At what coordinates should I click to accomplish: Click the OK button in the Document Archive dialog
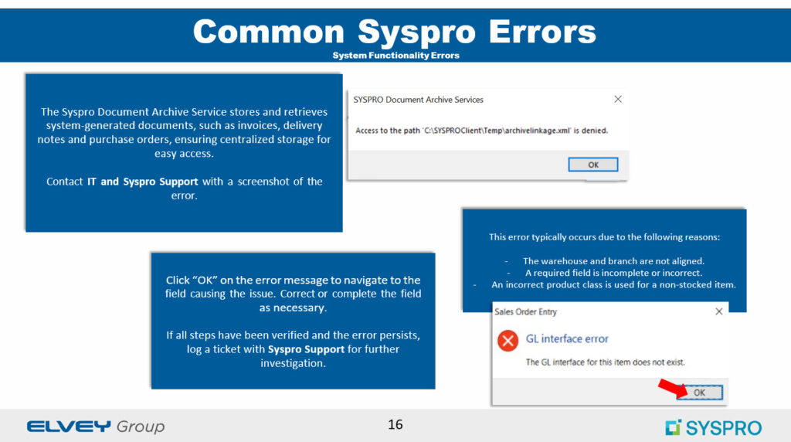pyautogui.click(x=592, y=165)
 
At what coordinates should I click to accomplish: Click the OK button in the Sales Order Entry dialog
pyautogui.click(x=699, y=392)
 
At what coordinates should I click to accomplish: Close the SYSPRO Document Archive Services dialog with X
pyautogui.click(x=618, y=100)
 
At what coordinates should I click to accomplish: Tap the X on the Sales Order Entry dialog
pyautogui.click(x=719, y=311)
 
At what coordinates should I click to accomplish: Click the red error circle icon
pyautogui.click(x=508, y=341)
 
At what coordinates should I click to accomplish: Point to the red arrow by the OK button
pyautogui.click(x=673, y=387)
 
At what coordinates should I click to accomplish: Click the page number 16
pyautogui.click(x=395, y=424)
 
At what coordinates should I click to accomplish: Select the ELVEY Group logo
pyautogui.click(x=96, y=427)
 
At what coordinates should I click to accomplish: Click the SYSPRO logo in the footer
pyautogui.click(x=713, y=427)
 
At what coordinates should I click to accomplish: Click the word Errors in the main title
pyautogui.click(x=542, y=31)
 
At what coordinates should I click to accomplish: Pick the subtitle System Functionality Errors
pyautogui.click(x=396, y=56)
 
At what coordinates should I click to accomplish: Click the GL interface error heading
pyautogui.click(x=567, y=338)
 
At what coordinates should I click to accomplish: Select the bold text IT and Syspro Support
pyautogui.click(x=143, y=182)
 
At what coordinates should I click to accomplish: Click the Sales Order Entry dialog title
pyautogui.click(x=525, y=312)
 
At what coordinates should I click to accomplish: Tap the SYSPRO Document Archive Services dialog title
pyautogui.click(x=418, y=100)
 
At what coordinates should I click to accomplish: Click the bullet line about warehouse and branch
pyautogui.click(x=613, y=261)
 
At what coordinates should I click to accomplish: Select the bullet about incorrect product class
pyautogui.click(x=613, y=284)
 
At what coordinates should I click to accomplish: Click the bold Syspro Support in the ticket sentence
pyautogui.click(x=306, y=349)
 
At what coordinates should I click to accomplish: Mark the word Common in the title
pyautogui.click(x=269, y=31)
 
